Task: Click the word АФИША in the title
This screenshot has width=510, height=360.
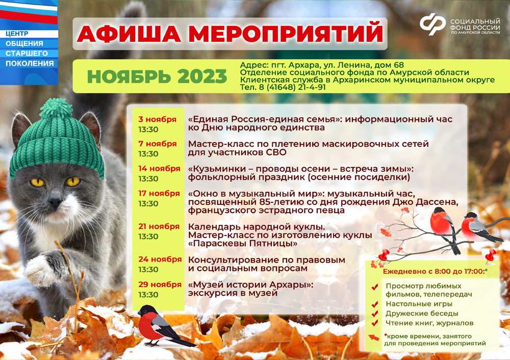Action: [x=129, y=33]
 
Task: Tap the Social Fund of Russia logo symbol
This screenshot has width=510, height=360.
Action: [x=432, y=23]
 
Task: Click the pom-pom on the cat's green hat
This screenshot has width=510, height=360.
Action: [x=56, y=108]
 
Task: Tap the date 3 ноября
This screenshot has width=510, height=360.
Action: [x=157, y=119]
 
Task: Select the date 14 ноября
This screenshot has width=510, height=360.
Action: [x=159, y=168]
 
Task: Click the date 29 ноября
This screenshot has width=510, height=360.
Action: [x=160, y=284]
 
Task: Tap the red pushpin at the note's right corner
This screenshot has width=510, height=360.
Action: [x=490, y=256]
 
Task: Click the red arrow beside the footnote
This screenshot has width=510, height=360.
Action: [x=374, y=338]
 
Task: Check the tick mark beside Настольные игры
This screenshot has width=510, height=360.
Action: [x=375, y=304]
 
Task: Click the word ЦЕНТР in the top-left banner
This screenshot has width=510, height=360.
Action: [x=17, y=34]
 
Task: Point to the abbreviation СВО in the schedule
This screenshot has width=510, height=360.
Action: [x=276, y=152]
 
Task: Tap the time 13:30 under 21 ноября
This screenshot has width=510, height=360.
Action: [x=148, y=237]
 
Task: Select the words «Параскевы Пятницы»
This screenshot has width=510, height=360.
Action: [x=243, y=243]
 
